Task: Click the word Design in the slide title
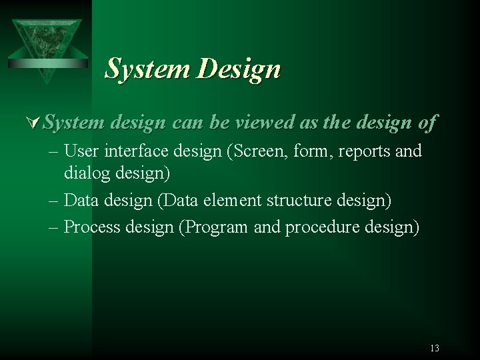tap(239, 69)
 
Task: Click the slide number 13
tap(435, 348)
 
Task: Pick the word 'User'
tap(83, 151)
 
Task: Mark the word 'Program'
tap(217, 227)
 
